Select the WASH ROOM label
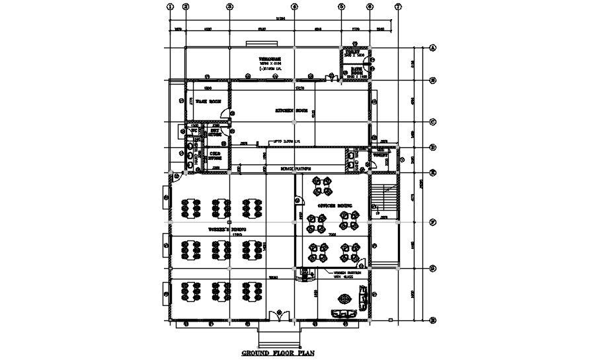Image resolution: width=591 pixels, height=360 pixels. (207, 102)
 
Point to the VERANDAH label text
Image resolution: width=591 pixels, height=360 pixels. (270, 59)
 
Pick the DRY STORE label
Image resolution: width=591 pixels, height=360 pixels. (216, 132)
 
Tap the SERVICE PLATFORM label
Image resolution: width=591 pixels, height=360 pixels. (295, 169)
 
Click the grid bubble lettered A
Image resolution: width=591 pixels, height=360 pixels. (433, 48)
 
